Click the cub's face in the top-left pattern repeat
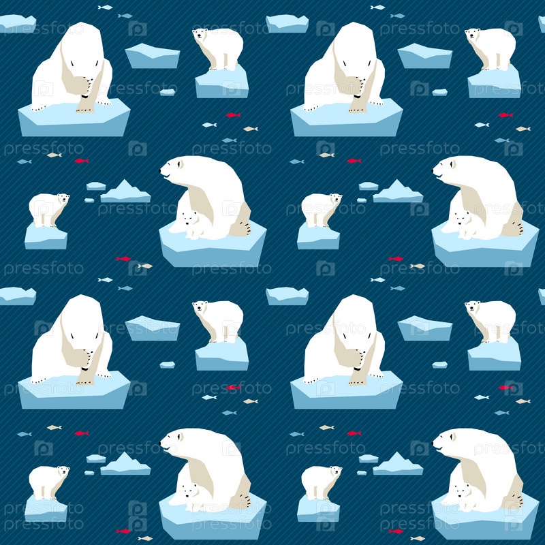[x=190, y=219]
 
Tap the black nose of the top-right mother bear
[x=433, y=171]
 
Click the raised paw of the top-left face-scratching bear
[x=87, y=87]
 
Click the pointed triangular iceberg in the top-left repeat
[x=125, y=191]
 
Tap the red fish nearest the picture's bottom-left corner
[x=123, y=531]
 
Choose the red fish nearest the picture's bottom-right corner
[x=396, y=531]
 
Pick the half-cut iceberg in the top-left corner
[x=18, y=24]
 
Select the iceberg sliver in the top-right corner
[x=542, y=24]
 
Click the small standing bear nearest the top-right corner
[x=490, y=48]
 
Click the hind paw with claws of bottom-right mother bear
[x=516, y=501]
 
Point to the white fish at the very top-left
[x=105, y=7]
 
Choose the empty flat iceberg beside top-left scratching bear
[x=152, y=56]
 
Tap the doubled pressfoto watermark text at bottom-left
[x=44, y=516]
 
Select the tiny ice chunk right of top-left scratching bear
[x=167, y=92]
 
